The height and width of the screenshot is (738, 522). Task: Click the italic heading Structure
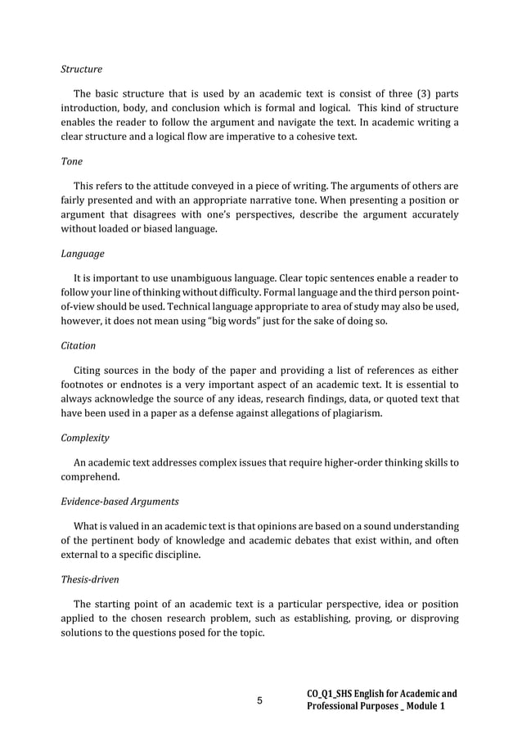point(81,69)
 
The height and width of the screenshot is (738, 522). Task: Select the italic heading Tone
point(72,161)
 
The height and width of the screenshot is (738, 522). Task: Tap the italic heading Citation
point(78,345)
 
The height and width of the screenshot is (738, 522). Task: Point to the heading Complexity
point(85,438)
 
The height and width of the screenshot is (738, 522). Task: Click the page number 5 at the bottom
point(260,700)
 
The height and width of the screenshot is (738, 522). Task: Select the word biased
point(151,230)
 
